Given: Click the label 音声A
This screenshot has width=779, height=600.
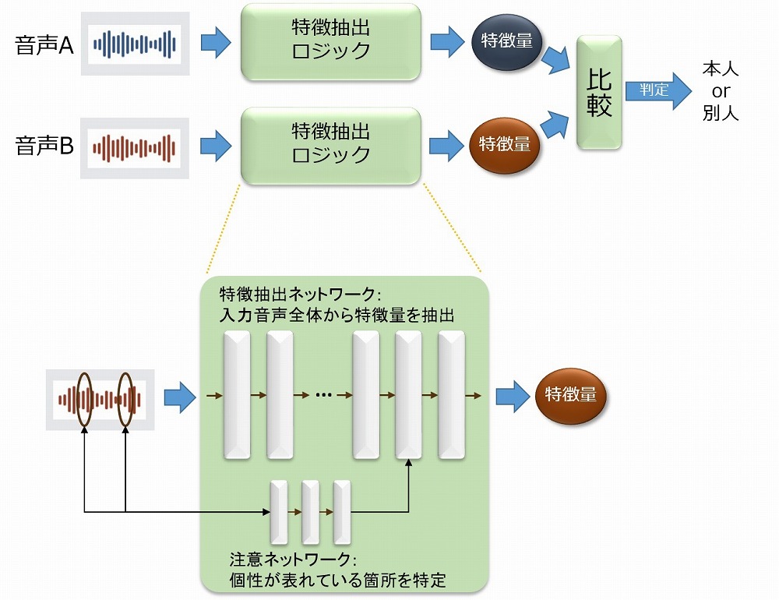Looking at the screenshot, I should tap(44, 45).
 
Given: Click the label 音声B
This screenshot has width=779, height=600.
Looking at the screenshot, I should tap(44, 146).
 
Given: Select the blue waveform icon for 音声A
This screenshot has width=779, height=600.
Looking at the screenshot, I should tap(136, 44).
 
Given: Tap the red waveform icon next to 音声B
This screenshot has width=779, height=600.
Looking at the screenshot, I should tap(135, 146).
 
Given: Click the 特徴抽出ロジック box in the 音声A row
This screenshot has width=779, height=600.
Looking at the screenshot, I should tap(330, 41).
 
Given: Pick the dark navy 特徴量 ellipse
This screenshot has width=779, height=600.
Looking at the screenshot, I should tap(506, 41).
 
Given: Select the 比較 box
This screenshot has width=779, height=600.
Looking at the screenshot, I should tap(599, 92).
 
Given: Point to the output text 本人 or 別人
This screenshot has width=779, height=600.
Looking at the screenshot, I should tap(721, 90).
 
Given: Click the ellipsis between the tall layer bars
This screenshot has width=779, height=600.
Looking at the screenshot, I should tap(323, 395).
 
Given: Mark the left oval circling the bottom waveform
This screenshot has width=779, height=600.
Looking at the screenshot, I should tap(83, 399).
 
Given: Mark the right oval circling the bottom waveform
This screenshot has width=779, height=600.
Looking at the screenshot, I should tap(125, 399).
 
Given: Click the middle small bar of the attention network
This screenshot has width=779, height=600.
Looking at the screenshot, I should tap(311, 512).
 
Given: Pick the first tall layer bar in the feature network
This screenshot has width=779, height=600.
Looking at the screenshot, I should tap(238, 394).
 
